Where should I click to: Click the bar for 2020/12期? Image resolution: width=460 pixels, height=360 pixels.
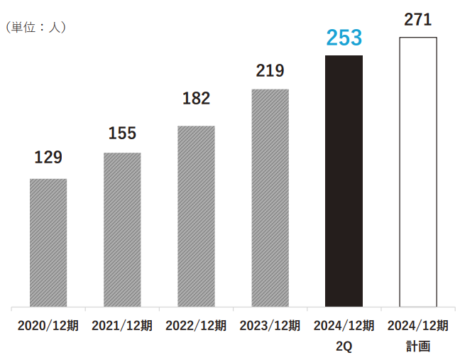tap(48, 242)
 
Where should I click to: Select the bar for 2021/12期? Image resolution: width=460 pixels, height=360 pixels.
tap(122, 229)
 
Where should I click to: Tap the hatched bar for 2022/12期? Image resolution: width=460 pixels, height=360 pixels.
tap(196, 216)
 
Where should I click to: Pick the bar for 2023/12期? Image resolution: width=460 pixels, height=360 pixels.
tap(270, 197)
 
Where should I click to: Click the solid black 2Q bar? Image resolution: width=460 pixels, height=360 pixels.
tap(344, 180)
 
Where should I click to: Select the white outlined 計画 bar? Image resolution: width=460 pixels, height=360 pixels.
tap(418, 171)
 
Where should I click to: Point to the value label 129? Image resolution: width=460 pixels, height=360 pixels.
tap(48, 157)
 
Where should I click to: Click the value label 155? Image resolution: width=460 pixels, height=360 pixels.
tap(122, 132)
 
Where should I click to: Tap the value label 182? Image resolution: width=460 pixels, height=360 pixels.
tap(196, 99)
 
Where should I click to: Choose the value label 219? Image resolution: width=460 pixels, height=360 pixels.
tap(270, 70)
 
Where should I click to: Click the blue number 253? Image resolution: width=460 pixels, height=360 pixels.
tap(344, 38)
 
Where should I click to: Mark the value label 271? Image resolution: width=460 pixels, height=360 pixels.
tap(418, 20)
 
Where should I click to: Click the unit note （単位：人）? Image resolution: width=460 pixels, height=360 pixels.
tap(35, 27)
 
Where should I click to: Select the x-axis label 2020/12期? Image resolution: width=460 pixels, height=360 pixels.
tap(48, 326)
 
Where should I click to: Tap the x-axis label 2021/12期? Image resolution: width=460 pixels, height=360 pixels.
tap(122, 326)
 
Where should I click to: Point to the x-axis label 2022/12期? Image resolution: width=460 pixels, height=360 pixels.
tap(196, 326)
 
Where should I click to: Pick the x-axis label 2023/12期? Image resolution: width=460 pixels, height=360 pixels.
tap(270, 326)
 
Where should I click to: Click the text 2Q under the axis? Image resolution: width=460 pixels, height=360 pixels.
tap(344, 347)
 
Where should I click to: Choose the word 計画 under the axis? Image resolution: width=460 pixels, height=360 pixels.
tap(418, 347)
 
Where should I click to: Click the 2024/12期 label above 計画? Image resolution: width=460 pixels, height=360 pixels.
tap(418, 326)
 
